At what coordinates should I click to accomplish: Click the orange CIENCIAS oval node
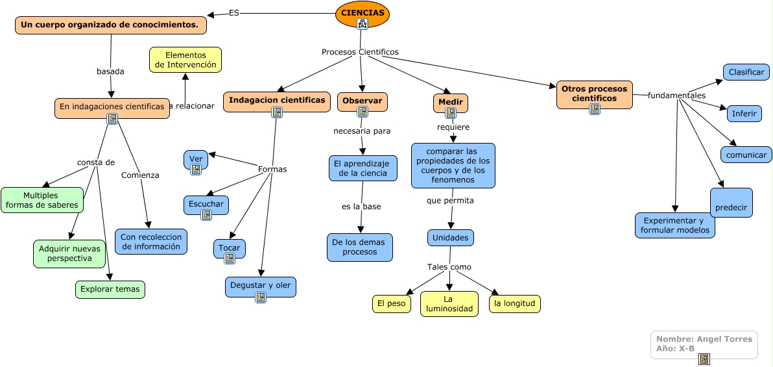(x=362, y=13)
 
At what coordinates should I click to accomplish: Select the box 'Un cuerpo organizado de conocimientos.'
(x=110, y=25)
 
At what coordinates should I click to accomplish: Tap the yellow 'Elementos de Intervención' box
(x=185, y=60)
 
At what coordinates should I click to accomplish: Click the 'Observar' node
(x=362, y=101)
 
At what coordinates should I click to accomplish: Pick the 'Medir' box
(x=450, y=103)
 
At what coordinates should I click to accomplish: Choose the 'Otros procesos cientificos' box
(x=594, y=94)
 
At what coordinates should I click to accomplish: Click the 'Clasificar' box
(x=746, y=72)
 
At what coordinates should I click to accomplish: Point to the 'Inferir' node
(x=744, y=114)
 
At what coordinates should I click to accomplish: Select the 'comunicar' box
(x=746, y=155)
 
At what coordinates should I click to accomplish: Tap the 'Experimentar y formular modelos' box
(x=674, y=225)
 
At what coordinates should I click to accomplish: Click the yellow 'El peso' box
(x=391, y=303)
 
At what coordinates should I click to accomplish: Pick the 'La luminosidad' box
(x=449, y=304)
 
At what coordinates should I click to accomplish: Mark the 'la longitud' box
(x=514, y=303)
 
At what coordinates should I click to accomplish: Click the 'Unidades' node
(x=450, y=238)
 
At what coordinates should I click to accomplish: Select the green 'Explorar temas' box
(x=110, y=289)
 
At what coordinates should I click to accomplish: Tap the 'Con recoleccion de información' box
(x=151, y=242)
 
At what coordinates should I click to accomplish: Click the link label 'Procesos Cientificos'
(x=360, y=52)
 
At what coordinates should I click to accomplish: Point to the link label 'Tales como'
(x=449, y=267)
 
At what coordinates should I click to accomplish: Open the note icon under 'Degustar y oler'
(x=261, y=297)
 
